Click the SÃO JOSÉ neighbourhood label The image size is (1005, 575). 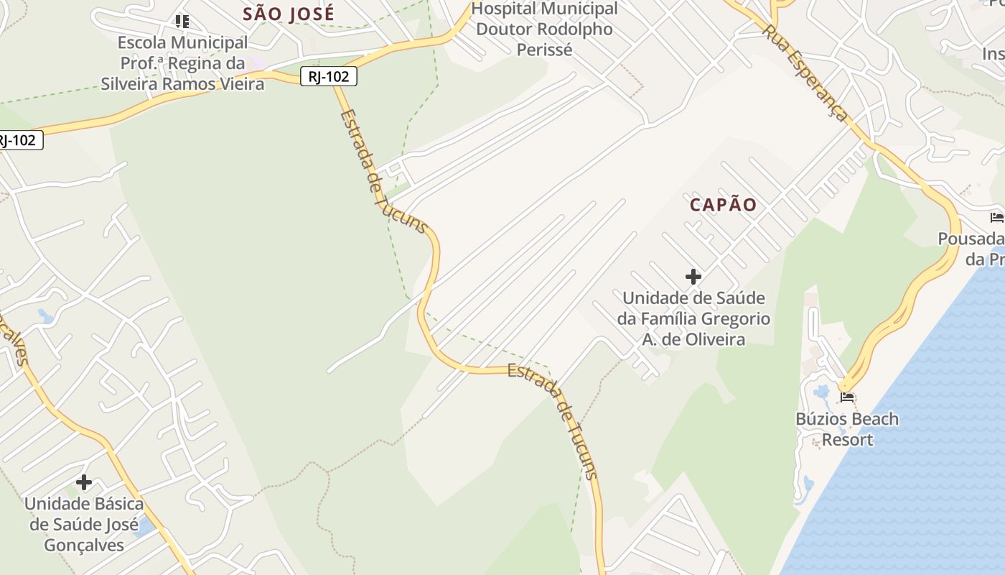289,14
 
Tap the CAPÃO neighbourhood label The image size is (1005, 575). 723,205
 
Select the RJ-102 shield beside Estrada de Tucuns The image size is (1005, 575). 329,76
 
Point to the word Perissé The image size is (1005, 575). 544,50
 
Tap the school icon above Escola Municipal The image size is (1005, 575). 182,22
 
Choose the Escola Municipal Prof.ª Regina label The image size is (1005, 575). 182,63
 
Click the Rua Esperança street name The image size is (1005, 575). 805,73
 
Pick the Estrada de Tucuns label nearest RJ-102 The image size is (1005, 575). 383,171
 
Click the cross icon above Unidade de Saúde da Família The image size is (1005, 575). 693,276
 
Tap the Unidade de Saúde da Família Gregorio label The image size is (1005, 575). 693,318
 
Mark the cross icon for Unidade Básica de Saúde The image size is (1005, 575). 84,482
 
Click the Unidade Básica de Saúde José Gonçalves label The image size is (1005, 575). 84,525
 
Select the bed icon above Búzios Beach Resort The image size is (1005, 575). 847,397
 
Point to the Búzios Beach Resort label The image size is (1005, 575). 847,429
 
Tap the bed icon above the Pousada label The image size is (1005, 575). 996,217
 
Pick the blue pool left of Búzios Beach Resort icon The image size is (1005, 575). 822,392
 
